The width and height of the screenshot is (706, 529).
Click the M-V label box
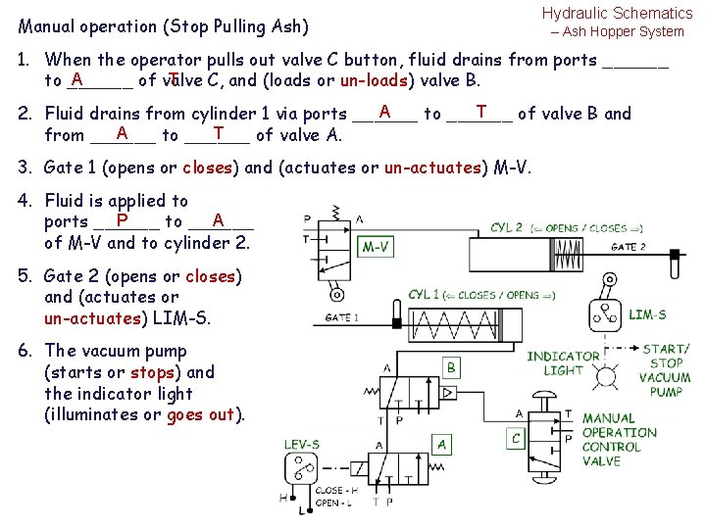378,247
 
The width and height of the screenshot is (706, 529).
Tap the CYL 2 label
506,227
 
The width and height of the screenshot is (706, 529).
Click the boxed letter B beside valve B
451,367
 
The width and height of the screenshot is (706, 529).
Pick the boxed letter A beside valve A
442,445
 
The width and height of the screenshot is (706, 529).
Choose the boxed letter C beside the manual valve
516,438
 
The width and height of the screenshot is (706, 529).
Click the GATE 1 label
341,316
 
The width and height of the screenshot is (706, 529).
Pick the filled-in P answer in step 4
122,221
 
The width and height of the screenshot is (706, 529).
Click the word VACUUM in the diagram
665,377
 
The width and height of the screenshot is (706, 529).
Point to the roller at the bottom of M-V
337,294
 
